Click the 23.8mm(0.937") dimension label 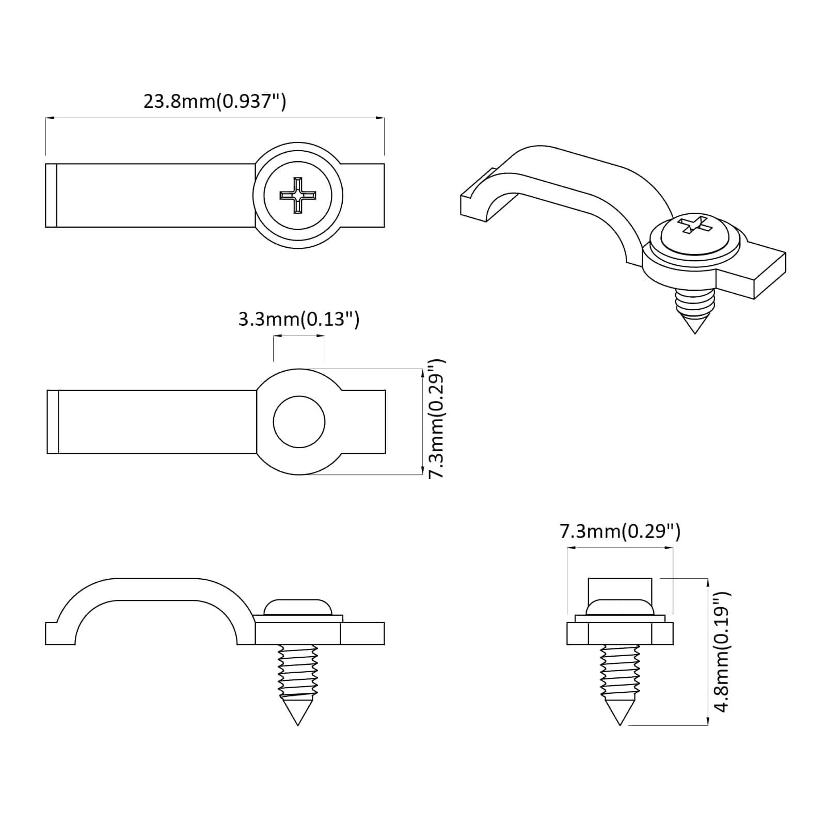tap(214, 101)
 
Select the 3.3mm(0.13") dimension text tap(298, 319)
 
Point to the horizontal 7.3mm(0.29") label tap(619, 531)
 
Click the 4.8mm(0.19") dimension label tap(721, 652)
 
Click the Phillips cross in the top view tap(298, 195)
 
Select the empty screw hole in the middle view tap(299, 422)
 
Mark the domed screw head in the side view tap(297, 607)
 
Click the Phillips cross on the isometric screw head tap(693, 225)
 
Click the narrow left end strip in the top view tap(51, 195)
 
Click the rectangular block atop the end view tap(619, 589)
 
